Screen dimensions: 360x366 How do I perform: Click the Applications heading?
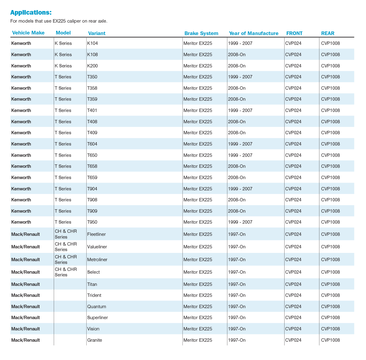click(x=31, y=13)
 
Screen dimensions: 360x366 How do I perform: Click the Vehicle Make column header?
click(x=28, y=33)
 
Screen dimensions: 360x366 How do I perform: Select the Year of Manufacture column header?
click(x=253, y=34)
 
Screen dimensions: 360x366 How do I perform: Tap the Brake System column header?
click(x=201, y=34)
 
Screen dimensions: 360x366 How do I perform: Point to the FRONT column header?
click(x=294, y=34)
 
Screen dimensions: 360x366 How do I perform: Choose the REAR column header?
click(x=328, y=34)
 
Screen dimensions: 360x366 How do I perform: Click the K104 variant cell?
click(x=92, y=43)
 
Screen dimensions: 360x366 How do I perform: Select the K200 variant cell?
click(x=92, y=66)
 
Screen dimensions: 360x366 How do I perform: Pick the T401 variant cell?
click(x=92, y=110)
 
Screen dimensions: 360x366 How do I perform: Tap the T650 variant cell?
click(x=92, y=155)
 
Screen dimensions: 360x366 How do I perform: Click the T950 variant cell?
click(x=92, y=222)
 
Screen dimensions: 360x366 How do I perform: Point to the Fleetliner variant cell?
click(x=96, y=234)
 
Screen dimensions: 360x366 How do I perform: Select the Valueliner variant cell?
click(x=97, y=247)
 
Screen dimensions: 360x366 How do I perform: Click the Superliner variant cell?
click(x=98, y=318)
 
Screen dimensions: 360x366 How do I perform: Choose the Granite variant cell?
click(x=95, y=340)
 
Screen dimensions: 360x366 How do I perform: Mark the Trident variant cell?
click(x=94, y=295)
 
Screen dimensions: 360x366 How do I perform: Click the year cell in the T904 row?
click(x=240, y=189)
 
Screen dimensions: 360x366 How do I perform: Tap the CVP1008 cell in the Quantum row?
click(x=330, y=307)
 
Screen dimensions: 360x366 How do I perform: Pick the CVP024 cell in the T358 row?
click(x=293, y=88)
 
